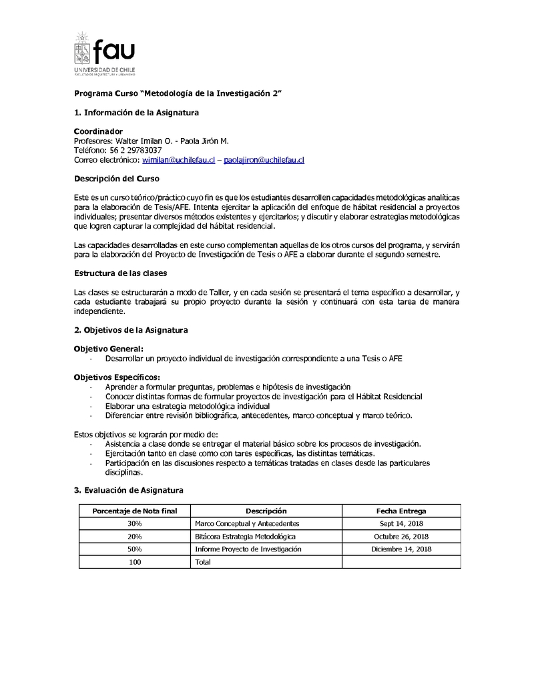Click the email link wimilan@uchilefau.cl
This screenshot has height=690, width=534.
(178, 160)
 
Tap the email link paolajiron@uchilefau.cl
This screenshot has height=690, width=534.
(264, 160)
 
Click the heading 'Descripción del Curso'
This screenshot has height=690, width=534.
(116, 179)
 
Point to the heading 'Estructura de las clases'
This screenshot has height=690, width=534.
(120, 273)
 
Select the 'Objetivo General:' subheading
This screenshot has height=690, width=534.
(108, 349)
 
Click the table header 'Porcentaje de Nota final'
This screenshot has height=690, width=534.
(134, 511)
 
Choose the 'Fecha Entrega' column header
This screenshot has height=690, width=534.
(401, 511)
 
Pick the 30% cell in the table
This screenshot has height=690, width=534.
(134, 523)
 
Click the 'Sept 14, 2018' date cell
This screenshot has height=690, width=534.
(401, 523)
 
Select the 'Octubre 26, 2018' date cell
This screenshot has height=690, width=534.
(401, 536)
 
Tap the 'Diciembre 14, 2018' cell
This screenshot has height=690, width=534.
(401, 549)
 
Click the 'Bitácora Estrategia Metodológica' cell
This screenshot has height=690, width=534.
(245, 536)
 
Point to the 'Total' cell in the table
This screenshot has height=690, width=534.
(202, 562)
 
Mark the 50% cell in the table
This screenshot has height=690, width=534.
(134, 549)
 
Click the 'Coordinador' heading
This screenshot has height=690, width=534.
(98, 131)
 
